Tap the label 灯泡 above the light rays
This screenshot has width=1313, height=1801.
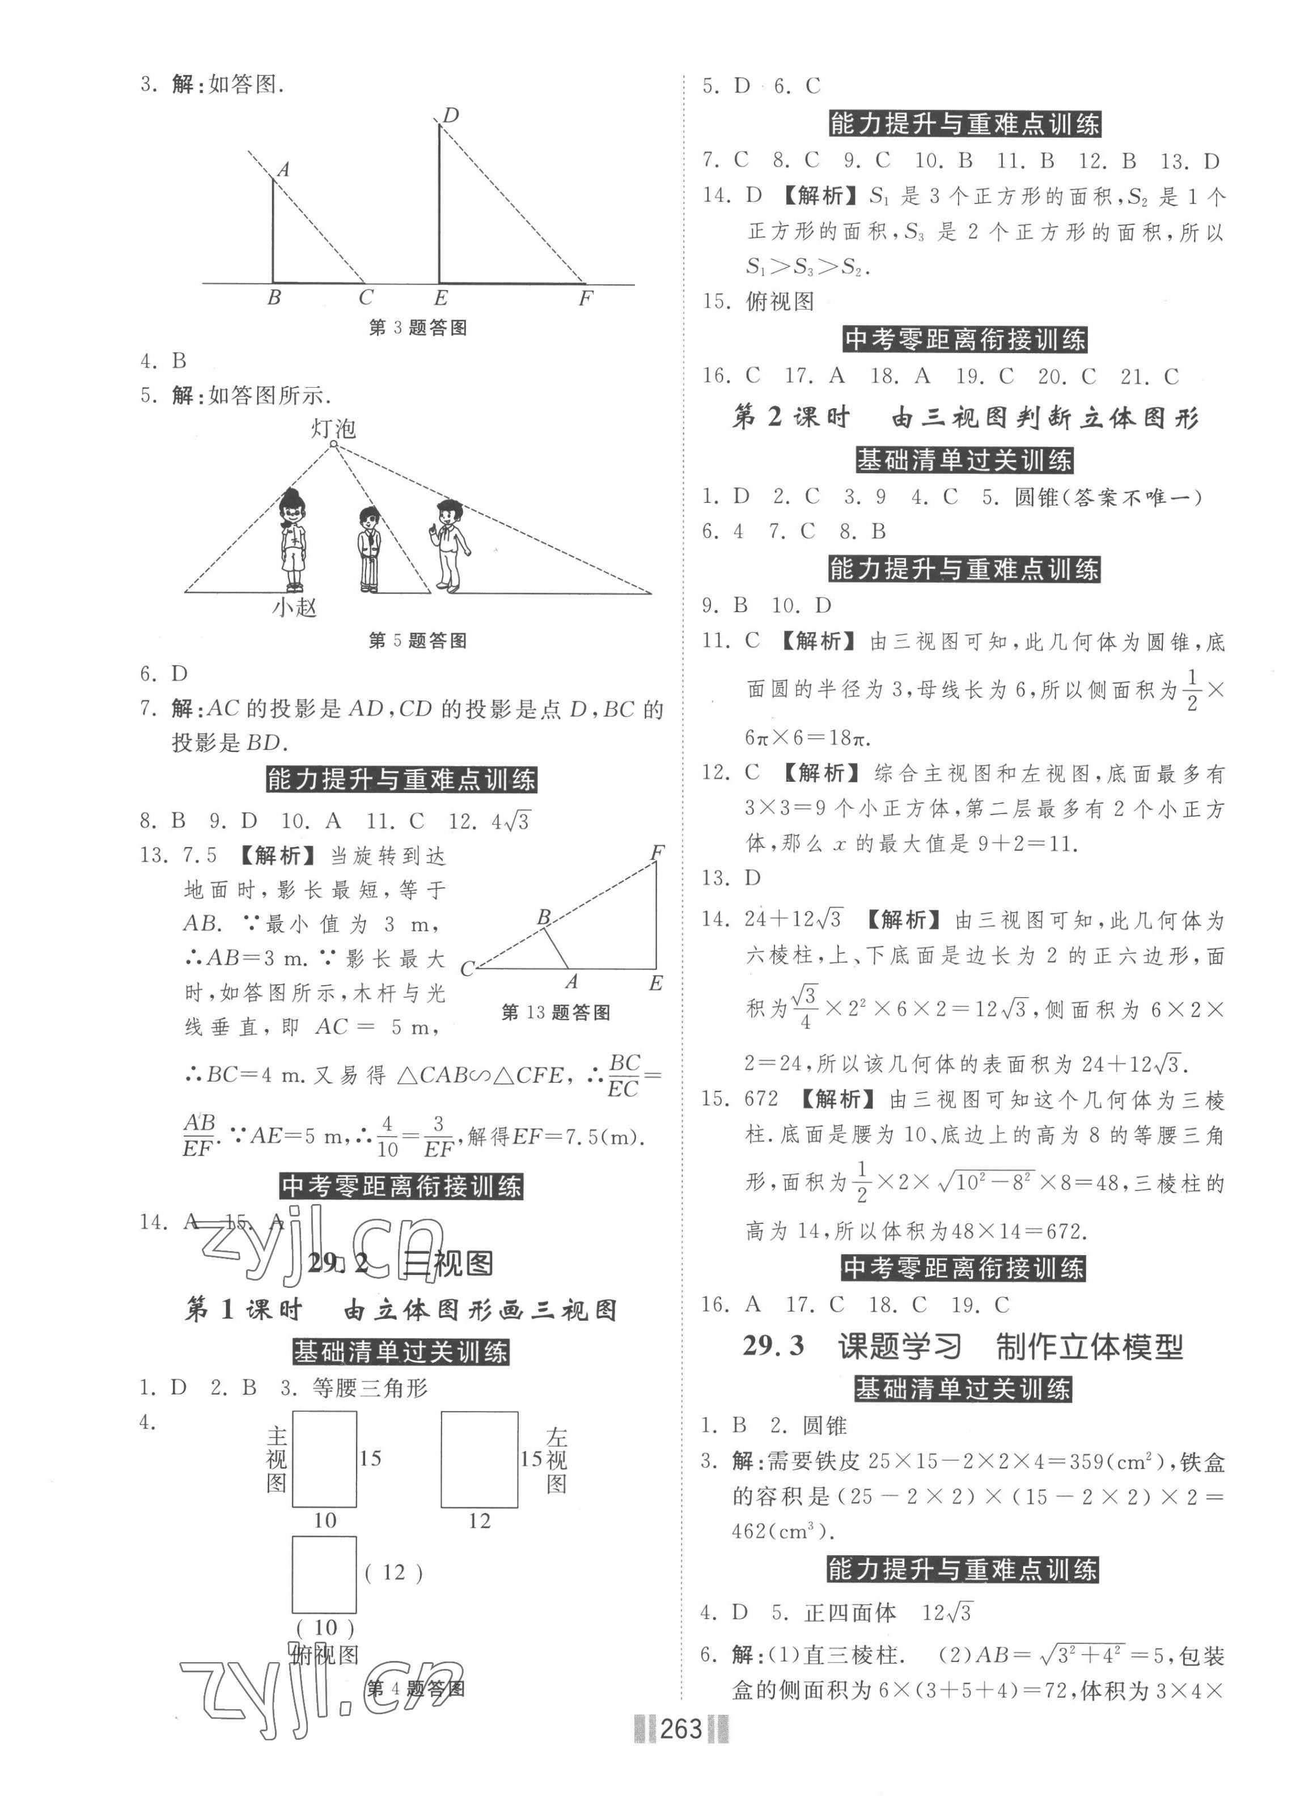coord(333,429)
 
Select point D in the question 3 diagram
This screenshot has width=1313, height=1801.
coord(451,116)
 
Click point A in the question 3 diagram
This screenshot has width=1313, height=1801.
coord(282,169)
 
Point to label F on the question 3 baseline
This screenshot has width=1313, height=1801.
coord(585,299)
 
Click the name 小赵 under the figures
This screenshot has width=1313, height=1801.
coord(294,608)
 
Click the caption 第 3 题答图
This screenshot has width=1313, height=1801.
coord(417,328)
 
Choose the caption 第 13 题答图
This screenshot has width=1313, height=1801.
coord(556,1012)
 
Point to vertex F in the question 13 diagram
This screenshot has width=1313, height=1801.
coord(657,853)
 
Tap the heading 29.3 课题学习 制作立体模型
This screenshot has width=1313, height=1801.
coord(963,1346)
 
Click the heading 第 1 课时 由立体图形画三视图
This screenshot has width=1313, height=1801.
coord(401,1310)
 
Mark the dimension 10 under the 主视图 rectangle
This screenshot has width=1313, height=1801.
coord(324,1520)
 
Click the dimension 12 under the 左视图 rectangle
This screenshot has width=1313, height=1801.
coord(478,1521)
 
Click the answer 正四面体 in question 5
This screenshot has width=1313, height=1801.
coord(850,1613)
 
